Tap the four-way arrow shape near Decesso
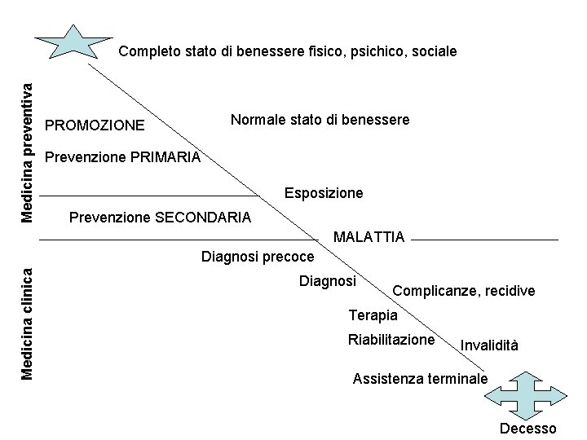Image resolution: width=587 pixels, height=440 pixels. (x=525, y=394)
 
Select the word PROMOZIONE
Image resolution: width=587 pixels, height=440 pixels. (x=95, y=125)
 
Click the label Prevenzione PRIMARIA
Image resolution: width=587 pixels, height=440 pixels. (x=122, y=157)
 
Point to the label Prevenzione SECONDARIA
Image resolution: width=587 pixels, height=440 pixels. (x=161, y=218)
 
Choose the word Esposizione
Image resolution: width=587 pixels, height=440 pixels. (x=324, y=194)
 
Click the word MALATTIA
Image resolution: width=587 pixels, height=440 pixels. (x=369, y=237)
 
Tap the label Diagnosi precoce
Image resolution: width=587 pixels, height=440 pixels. (x=257, y=257)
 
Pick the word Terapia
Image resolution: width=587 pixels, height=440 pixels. (x=373, y=315)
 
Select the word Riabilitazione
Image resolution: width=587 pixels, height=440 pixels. (x=391, y=340)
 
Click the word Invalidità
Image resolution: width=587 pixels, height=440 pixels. (x=489, y=345)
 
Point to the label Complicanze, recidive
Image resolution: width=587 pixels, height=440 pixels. (x=464, y=291)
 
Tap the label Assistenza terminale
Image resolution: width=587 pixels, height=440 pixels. (x=420, y=379)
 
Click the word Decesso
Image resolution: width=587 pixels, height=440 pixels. (x=528, y=429)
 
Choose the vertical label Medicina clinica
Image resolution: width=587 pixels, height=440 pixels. (x=26, y=324)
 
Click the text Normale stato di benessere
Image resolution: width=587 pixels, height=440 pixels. (x=320, y=120)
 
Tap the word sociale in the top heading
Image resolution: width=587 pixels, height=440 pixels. (x=435, y=51)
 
